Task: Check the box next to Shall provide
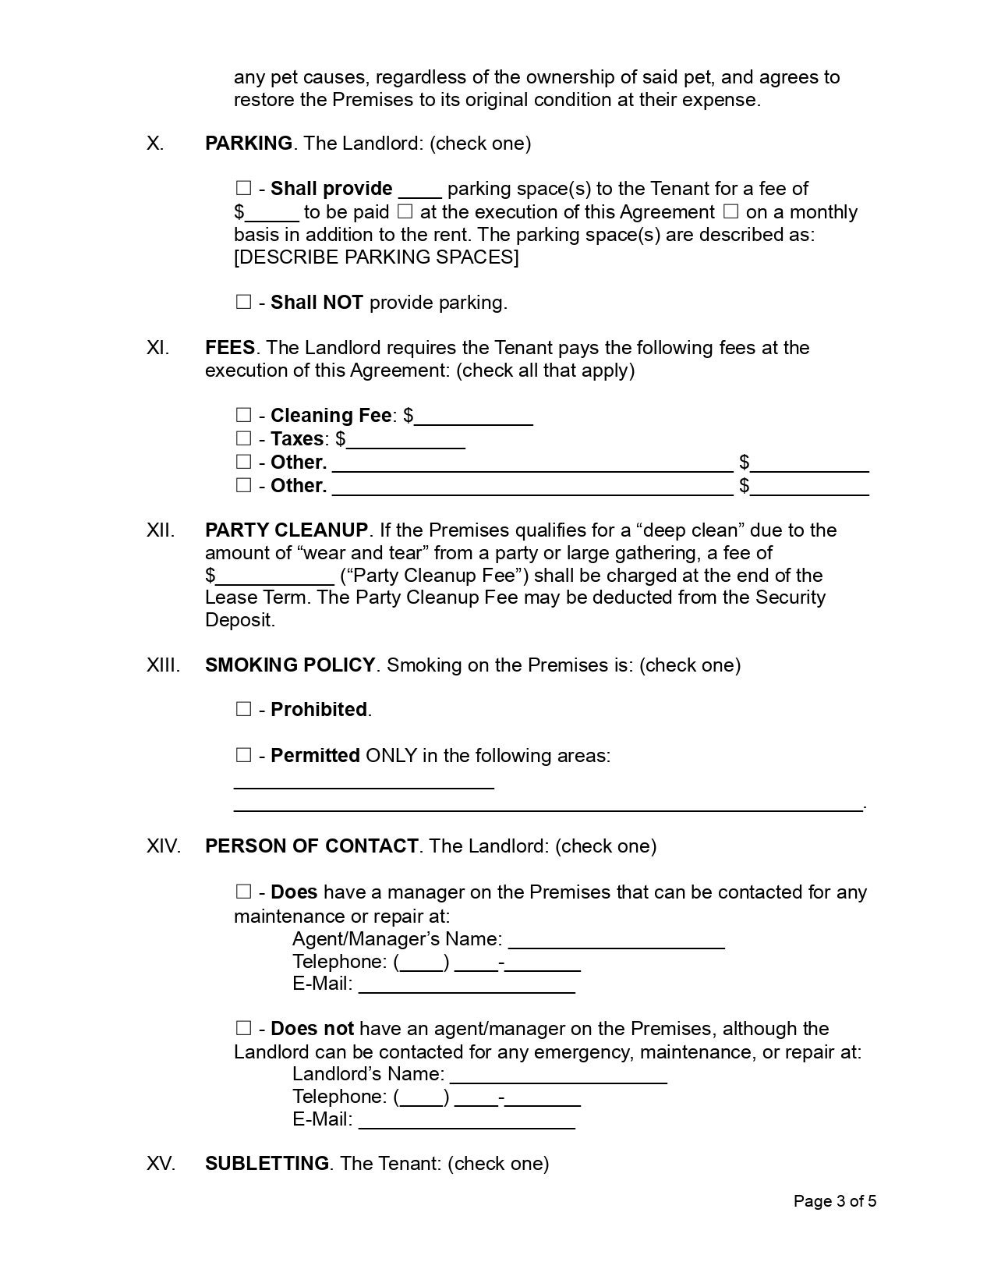(244, 188)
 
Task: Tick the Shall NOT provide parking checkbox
(244, 302)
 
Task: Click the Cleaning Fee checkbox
(244, 415)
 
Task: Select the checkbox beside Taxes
(244, 438)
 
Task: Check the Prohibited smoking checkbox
(244, 709)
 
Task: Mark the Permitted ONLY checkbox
(244, 755)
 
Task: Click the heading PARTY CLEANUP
(286, 530)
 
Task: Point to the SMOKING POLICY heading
(290, 665)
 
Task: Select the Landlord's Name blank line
(558, 1076)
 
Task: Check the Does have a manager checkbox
(244, 892)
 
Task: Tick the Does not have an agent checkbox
(244, 1028)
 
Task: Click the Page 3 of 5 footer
(834, 1201)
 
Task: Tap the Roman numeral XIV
(163, 846)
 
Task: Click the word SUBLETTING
(267, 1164)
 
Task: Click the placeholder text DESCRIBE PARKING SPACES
(376, 257)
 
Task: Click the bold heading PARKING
(248, 144)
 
